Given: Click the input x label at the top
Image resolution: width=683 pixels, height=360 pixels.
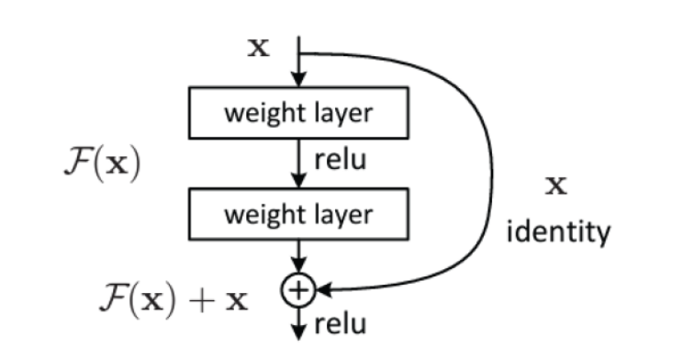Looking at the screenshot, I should [x=260, y=49].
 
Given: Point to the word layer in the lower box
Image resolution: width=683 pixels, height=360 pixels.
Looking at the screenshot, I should [x=341, y=215].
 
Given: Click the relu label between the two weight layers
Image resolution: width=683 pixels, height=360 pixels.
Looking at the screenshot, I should [x=340, y=161].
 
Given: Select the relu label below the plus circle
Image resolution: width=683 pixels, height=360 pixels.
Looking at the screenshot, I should [x=340, y=323].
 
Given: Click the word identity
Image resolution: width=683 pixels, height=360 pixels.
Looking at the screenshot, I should [x=559, y=232].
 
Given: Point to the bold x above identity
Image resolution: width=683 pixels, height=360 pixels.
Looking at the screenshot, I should [x=556, y=186].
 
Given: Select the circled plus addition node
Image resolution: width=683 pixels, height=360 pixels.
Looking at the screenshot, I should [x=297, y=291].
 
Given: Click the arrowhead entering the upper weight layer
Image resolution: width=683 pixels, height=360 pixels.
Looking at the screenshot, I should [x=297, y=81].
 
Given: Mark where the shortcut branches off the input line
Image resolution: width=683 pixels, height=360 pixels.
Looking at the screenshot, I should [x=297, y=52].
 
